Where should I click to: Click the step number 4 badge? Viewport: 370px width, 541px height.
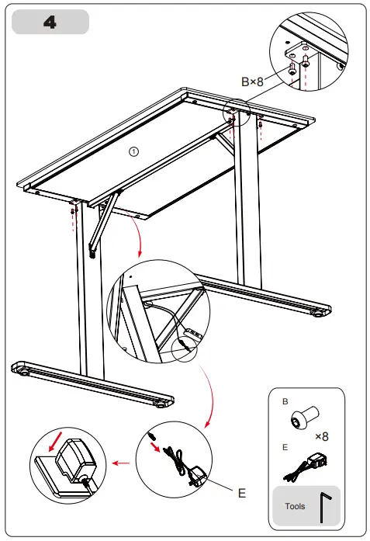pos(50,23)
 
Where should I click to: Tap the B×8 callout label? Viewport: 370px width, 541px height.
pos(253,81)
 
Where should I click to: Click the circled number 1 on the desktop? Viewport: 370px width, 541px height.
pos(133,152)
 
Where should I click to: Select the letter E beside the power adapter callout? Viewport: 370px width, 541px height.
pos(241,491)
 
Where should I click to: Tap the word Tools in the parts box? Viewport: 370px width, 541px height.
pos(295,507)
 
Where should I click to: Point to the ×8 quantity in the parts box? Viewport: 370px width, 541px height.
pos(323,437)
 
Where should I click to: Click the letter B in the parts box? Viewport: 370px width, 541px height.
pos(285,402)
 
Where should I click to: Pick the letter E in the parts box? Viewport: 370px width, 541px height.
pos(285,446)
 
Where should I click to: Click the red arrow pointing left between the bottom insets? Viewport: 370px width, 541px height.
pos(119,463)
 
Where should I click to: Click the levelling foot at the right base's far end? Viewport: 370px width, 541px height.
pos(319,314)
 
